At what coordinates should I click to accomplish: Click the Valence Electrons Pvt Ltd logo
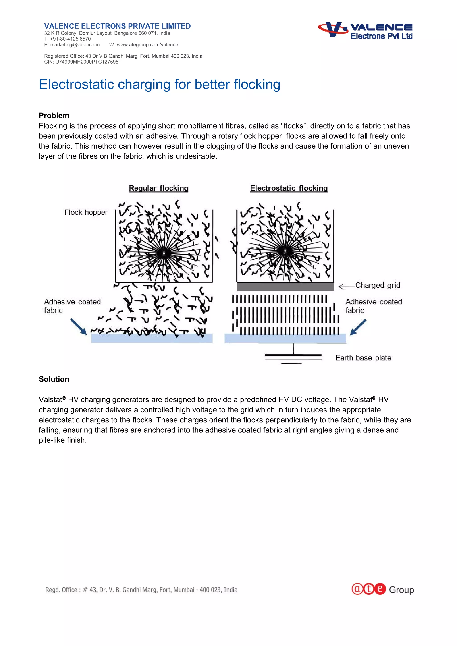(365, 30)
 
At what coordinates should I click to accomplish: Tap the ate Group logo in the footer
(382, 589)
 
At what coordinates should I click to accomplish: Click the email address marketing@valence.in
(75, 45)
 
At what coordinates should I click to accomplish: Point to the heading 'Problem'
(54, 116)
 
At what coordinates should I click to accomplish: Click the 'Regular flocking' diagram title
(158, 188)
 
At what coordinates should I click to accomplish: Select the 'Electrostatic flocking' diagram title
(289, 188)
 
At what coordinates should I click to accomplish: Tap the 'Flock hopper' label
(86, 212)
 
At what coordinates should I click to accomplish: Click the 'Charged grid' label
(378, 285)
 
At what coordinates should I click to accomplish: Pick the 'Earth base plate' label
(363, 358)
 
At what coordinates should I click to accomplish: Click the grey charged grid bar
(285, 287)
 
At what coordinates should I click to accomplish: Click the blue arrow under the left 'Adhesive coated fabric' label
(79, 326)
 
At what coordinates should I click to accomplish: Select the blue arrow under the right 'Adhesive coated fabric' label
(358, 327)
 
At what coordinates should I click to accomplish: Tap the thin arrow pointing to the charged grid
(346, 287)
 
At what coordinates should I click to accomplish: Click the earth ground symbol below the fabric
(293, 357)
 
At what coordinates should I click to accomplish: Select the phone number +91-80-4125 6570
(70, 39)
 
